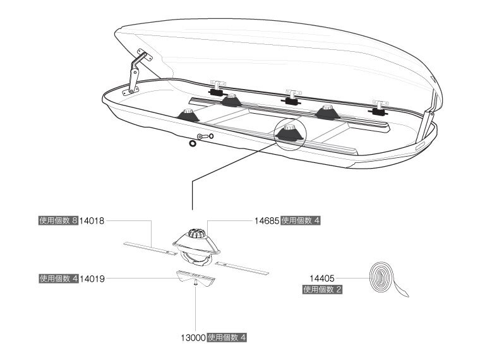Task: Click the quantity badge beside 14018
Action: pyautogui.click(x=57, y=221)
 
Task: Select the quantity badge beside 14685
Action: pyautogui.click(x=301, y=221)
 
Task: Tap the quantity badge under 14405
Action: pyautogui.click(x=322, y=290)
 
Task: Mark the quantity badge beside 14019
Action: pyautogui.click(x=58, y=278)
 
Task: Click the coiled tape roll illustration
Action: pyautogui.click(x=383, y=278)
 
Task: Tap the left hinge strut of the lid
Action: pyautogui.click(x=135, y=73)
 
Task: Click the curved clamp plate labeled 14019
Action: pyautogui.click(x=196, y=275)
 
